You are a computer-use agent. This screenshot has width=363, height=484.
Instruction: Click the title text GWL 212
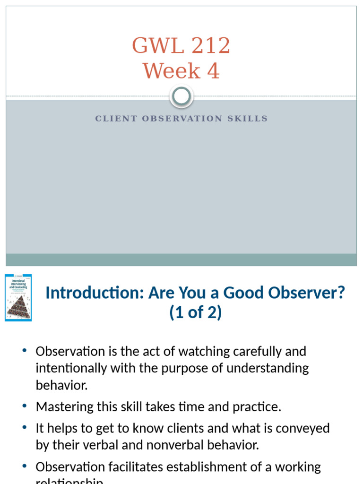tap(181, 46)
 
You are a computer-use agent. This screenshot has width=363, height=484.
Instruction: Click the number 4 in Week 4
tap(213, 71)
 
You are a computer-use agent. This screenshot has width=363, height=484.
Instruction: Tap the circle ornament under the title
tap(181, 96)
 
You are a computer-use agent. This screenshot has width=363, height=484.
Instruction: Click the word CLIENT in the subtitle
tap(116, 119)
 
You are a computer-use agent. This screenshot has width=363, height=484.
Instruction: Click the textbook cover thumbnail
tap(18, 298)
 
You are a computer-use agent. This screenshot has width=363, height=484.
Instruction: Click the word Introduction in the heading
tap(95, 293)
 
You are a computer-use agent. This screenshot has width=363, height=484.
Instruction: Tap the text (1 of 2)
tap(196, 313)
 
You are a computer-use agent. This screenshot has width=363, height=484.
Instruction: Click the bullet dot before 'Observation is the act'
tap(25, 351)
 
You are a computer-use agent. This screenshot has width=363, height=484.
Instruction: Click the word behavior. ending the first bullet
tap(62, 385)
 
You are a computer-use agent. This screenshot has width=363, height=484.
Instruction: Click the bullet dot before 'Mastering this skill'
tap(25, 406)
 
